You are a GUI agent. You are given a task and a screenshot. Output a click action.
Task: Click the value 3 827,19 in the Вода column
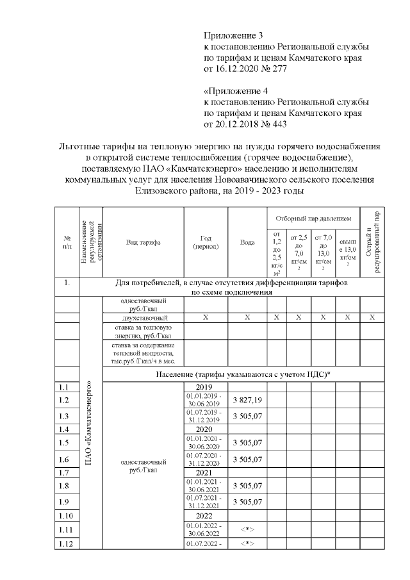click(247, 400)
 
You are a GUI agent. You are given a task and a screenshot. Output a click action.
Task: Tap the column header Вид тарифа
click(143, 242)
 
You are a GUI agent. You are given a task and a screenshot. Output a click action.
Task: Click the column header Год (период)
click(206, 242)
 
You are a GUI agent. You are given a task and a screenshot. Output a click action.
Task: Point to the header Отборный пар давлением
click(313, 218)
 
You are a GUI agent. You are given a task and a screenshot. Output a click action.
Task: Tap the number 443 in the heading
click(277, 124)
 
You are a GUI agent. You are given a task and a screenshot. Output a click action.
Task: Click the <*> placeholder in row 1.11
click(247, 530)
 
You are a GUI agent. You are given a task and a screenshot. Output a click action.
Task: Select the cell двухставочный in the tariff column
click(144, 317)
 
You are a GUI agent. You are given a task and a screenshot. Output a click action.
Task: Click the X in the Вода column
click(247, 317)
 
